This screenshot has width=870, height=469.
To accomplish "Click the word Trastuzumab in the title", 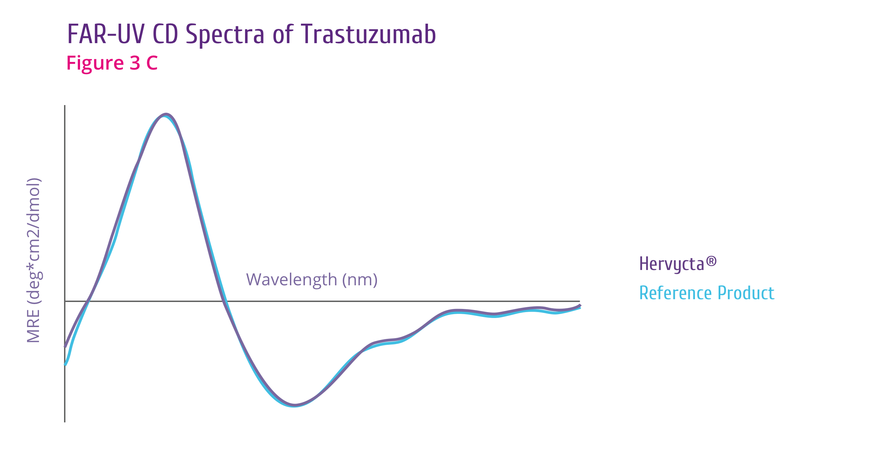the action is coord(369,34).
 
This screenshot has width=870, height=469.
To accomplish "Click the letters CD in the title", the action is coord(165,34).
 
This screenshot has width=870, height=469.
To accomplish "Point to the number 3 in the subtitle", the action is coord(135,63).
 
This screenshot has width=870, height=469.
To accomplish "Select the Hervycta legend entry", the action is coord(678,264).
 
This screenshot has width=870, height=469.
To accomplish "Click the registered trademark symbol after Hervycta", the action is coord(711,261).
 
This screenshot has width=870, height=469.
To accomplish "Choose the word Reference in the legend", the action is coord(675,293).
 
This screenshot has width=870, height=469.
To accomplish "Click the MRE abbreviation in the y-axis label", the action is coord(33,326).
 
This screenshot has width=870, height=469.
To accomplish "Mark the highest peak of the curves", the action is coord(166,114).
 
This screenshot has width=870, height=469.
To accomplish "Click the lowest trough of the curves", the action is coord(294,406).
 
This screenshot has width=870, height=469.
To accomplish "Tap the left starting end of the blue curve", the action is coord(65,365).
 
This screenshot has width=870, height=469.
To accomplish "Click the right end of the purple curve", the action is coord(580,305).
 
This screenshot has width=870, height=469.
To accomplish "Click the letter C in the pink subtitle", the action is coord(152,63).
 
